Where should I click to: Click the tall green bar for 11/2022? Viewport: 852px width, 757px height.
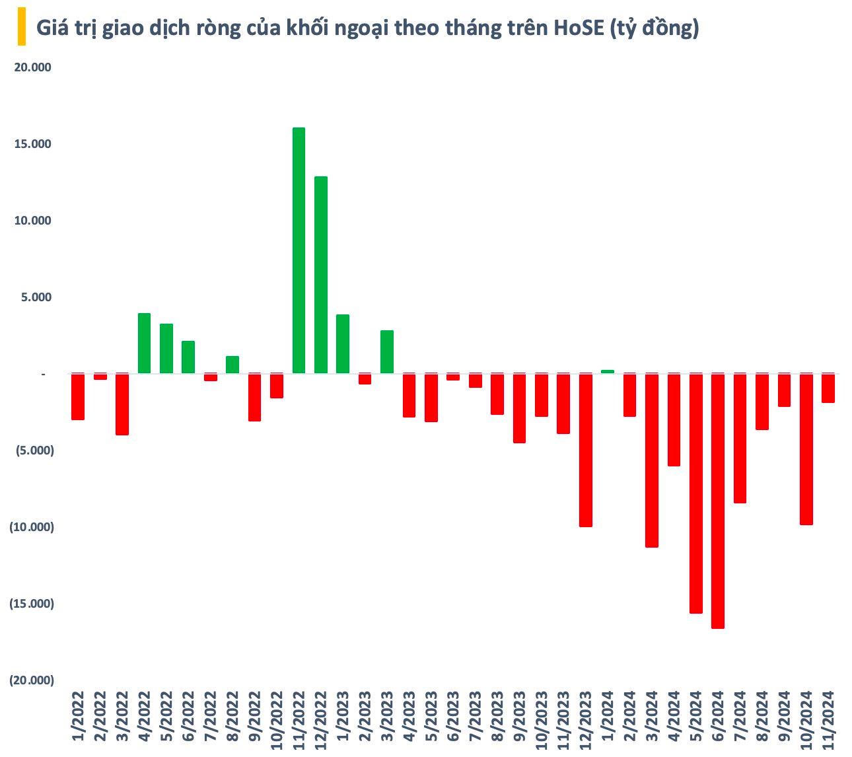coord(299,250)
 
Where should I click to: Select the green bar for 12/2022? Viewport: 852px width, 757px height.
coord(321,275)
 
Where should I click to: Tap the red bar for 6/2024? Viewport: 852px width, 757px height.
coord(718,501)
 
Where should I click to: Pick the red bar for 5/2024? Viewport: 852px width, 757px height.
coord(696,493)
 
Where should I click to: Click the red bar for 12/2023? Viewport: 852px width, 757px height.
coord(586,450)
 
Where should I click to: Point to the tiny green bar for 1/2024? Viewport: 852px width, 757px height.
coord(608,371)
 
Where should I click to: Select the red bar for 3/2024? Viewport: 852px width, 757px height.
coord(652,460)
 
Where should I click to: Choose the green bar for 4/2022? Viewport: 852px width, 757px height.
coord(144,343)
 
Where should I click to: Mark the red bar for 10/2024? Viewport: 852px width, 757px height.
coord(806,449)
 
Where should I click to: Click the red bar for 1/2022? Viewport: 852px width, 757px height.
coord(78,396)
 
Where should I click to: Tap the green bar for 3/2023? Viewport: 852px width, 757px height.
coord(387,352)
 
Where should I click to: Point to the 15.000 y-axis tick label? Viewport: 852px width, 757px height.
coord(32,144)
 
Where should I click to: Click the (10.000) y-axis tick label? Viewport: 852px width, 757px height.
coord(31,527)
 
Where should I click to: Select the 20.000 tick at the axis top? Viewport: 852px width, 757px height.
coord(32,67)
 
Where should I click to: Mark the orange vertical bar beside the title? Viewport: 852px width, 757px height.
coord(22,26)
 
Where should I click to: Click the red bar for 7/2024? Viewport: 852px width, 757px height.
coord(740,438)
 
